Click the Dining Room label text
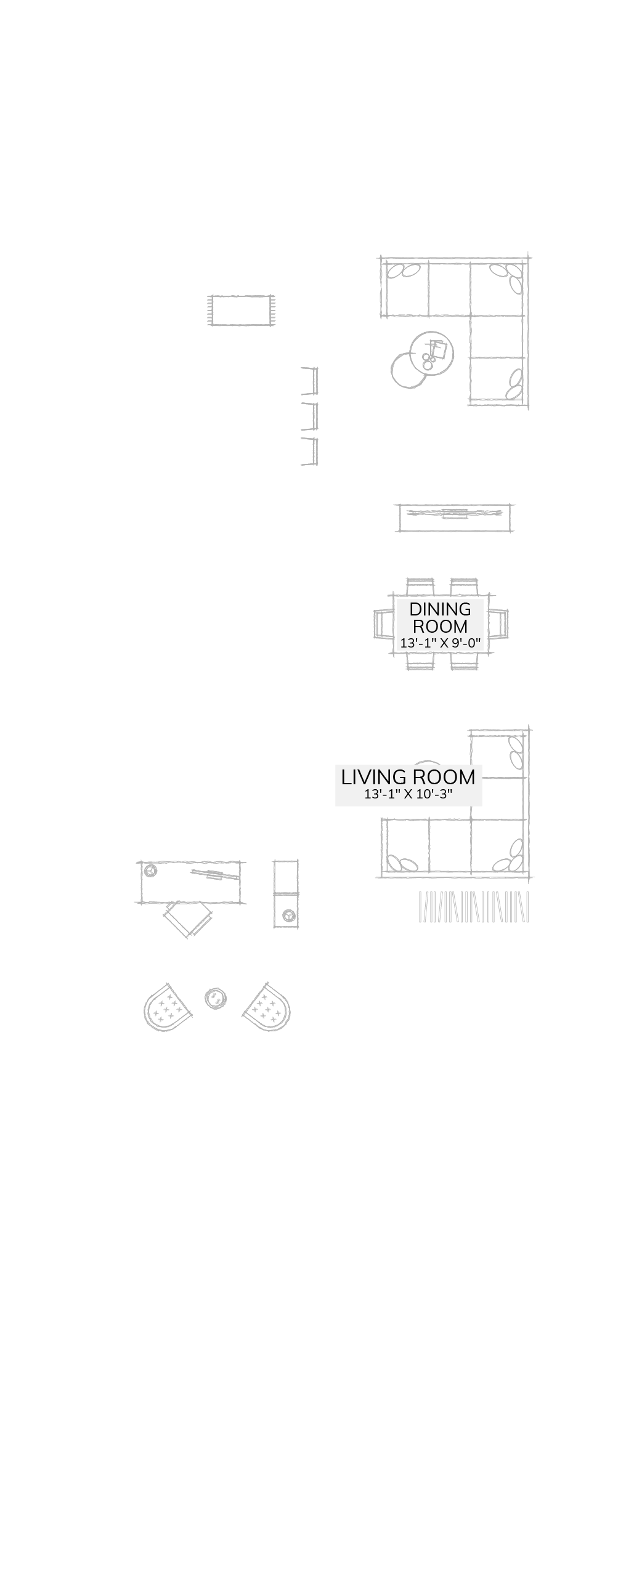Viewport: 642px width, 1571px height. click(440, 617)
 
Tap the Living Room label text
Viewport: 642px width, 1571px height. click(408, 777)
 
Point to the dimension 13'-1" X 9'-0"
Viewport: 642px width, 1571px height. click(440, 643)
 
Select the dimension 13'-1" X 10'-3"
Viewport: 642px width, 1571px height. click(408, 794)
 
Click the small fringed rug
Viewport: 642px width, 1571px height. click(242, 310)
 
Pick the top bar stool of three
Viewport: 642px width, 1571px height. click(310, 381)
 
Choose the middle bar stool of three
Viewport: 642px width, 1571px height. click(310, 416)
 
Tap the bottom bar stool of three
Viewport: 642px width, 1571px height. click(310, 451)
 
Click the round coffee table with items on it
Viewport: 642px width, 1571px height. click(432, 353)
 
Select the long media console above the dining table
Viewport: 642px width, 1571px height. click(455, 518)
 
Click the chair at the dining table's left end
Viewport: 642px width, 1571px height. click(383, 623)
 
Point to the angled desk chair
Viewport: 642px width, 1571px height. click(188, 919)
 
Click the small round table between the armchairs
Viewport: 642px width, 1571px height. click(215, 998)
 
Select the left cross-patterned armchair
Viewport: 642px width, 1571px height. click(167, 1008)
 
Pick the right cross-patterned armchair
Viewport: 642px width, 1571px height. click(267, 1008)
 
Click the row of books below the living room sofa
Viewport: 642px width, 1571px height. click(473, 907)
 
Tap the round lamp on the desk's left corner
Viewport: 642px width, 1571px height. click(150, 871)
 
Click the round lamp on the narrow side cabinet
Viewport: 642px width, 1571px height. click(288, 915)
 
